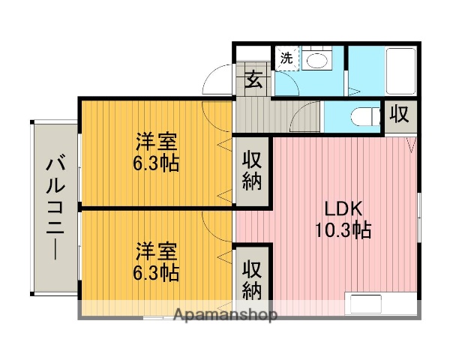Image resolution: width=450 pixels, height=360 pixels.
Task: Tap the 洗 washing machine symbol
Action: click(286, 58)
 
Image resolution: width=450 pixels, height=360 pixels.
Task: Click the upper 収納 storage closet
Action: click(253, 171)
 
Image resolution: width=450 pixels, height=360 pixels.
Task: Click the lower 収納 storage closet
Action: click(253, 279)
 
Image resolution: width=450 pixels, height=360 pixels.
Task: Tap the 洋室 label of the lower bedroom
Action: click(157, 249)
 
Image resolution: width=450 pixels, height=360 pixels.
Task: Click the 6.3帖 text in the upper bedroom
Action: click(157, 163)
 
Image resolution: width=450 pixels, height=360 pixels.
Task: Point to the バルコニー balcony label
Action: click(54, 206)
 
